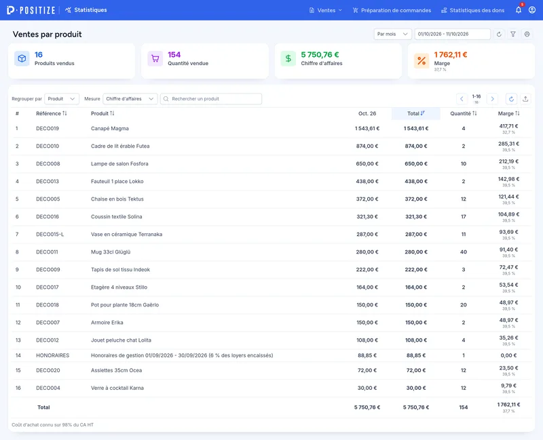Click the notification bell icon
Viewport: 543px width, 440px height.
519,10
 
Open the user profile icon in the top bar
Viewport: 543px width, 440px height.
532,10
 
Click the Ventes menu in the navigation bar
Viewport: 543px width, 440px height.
326,10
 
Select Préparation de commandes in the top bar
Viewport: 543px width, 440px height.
392,10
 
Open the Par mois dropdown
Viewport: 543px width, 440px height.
392,34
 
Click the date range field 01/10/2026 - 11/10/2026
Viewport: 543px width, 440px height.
452,34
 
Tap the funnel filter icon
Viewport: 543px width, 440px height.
513,34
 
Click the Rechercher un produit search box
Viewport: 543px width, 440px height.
211,99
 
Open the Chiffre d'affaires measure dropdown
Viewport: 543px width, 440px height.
130,99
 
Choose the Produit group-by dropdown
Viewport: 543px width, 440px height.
62,99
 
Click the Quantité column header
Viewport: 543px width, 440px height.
464,113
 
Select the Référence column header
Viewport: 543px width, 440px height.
52,113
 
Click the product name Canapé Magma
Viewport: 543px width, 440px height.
110,128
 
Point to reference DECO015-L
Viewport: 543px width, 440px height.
50,234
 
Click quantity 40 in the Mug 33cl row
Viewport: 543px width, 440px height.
464,252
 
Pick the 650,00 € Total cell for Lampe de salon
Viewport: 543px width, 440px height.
416,163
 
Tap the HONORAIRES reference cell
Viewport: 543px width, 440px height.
53,355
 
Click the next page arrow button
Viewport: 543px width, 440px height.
492,99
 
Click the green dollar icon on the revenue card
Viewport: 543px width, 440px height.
288,58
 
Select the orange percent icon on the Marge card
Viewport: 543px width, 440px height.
422,61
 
